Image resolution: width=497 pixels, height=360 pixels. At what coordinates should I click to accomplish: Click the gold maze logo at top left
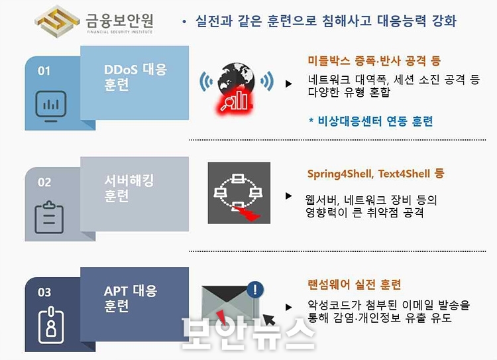[x=57, y=21]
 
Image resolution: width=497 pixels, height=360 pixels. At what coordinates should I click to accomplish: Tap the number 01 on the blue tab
[x=44, y=71]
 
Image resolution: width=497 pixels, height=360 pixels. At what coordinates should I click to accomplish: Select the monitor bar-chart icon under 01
[x=51, y=106]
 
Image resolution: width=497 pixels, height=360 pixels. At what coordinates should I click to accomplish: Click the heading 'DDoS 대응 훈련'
[x=135, y=77]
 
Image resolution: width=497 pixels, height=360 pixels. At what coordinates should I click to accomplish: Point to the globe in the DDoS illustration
[x=236, y=80]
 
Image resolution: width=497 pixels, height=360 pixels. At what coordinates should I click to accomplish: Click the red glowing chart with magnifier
[x=235, y=101]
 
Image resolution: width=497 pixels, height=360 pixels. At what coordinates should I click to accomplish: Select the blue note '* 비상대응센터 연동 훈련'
[x=371, y=121]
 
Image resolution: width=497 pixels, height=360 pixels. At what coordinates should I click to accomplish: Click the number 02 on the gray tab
[x=44, y=182]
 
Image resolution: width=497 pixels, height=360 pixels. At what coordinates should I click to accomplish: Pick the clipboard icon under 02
[x=49, y=217]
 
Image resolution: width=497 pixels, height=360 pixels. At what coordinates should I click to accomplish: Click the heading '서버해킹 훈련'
[x=129, y=188]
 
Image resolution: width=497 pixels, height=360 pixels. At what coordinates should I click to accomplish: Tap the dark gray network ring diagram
[x=239, y=193]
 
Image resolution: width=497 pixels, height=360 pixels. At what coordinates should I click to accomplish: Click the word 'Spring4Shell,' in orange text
[x=341, y=174]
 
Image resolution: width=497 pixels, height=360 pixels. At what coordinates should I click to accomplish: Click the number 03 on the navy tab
[x=44, y=292]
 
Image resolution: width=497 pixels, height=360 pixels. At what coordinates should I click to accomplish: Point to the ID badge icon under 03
[x=51, y=325]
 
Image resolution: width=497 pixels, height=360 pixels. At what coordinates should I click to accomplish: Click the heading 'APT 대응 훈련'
[x=131, y=298]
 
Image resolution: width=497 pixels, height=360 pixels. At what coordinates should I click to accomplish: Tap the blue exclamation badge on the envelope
[x=255, y=289]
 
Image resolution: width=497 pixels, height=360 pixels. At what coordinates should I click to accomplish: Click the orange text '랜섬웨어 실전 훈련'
[x=354, y=284]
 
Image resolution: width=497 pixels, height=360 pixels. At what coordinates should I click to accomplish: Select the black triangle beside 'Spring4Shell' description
[x=288, y=196]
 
